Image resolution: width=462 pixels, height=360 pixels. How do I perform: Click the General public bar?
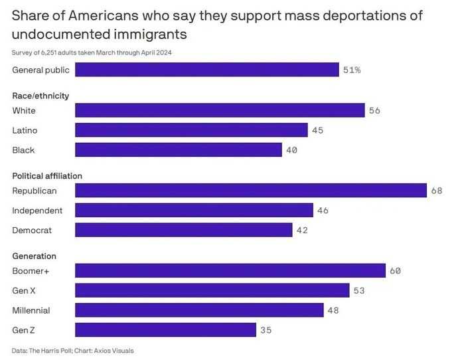[207, 70]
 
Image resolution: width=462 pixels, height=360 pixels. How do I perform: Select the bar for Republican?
[251, 190]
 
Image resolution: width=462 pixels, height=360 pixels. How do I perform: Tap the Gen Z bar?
[165, 329]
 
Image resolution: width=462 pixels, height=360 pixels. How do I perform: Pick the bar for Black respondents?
[179, 150]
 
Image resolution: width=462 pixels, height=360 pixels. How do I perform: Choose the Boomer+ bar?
[230, 270]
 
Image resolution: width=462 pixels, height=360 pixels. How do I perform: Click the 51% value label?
[352, 70]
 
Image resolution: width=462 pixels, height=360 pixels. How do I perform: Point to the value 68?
[437, 191]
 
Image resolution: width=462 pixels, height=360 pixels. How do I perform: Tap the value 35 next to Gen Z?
[266, 330]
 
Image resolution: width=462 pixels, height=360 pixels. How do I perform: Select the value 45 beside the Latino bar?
[317, 130]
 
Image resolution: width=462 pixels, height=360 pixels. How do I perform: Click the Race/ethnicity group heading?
[40, 96]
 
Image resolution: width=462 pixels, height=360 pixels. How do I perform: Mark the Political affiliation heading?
[47, 176]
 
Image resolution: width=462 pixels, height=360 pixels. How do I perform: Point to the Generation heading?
[34, 256]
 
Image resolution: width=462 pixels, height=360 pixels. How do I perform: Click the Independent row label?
[37, 211]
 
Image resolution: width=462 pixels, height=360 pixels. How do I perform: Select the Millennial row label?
[31, 310]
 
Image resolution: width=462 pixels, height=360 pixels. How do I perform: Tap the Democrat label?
[32, 230]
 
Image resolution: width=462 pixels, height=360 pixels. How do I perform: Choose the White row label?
[24, 110]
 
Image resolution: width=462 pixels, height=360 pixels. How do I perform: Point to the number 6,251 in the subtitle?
[48, 52]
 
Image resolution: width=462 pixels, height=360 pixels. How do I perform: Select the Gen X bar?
[212, 290]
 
